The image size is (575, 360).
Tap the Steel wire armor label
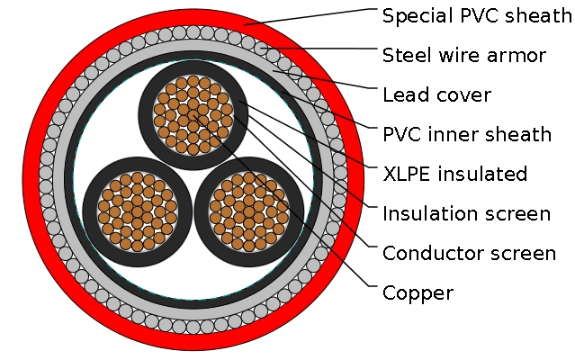(463, 56)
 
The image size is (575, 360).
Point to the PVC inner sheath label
(466, 135)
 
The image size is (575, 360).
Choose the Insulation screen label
(466, 213)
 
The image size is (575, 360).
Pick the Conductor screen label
(469, 253)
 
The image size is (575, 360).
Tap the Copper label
(418, 293)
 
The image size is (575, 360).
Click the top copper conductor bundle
(193, 114)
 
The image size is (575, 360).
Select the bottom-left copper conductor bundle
(137, 211)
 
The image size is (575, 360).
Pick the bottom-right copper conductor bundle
(248, 211)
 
